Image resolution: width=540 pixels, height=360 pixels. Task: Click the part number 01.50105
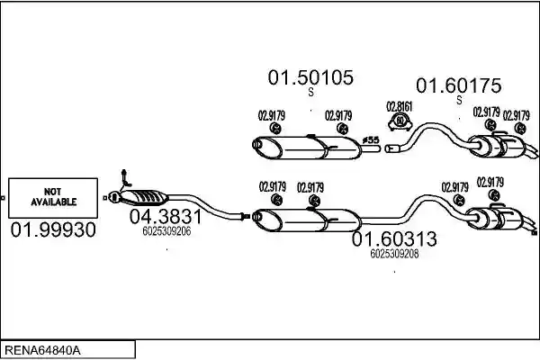tap(310, 77)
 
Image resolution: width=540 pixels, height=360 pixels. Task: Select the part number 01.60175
tap(459, 85)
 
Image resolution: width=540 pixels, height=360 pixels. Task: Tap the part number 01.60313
tap(394, 238)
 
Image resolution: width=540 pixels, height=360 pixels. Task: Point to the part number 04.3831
tap(166, 217)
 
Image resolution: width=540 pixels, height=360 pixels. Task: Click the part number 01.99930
tap(53, 229)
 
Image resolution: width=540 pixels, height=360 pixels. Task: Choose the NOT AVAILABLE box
tap(53, 198)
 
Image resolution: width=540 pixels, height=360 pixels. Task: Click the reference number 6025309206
tap(166, 231)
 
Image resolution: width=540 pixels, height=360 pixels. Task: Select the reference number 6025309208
tap(394, 254)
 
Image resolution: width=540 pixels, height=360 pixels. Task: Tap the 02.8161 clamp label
tap(400, 107)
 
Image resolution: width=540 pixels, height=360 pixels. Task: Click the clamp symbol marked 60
tap(400, 121)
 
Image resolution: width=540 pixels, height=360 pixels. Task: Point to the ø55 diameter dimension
tap(371, 139)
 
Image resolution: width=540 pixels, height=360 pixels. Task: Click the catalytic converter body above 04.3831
tap(144, 197)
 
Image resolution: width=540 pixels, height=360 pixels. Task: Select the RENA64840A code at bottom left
tap(42, 351)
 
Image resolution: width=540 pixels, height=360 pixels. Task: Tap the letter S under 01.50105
tap(311, 93)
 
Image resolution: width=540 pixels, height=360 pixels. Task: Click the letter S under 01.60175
tap(459, 100)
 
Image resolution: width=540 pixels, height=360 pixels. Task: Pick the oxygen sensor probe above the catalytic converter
tap(125, 179)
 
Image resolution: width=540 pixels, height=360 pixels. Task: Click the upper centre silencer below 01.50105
tap(307, 148)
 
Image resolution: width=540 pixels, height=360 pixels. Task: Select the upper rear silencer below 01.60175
tap(499, 146)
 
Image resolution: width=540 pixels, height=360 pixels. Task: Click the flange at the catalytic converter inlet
tap(113, 197)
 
